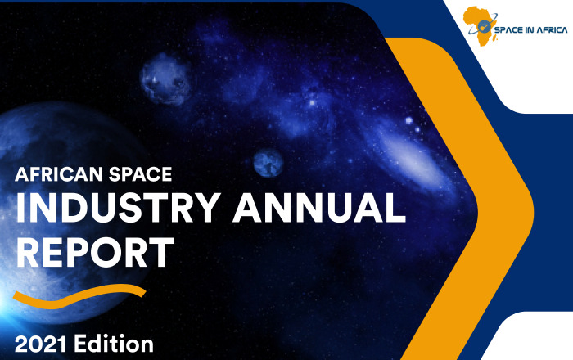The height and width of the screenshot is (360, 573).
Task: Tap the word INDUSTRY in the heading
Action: pos(118,208)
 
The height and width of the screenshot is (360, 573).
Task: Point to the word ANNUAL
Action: pos(319,208)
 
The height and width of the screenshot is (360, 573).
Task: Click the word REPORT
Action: pos(95,253)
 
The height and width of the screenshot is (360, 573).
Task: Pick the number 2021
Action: pos(41,344)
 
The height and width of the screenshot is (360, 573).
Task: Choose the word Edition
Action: pos(114,344)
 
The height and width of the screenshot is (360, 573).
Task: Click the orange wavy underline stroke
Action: pos(79,295)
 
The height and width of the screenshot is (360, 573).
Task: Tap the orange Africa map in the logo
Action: pos(480,25)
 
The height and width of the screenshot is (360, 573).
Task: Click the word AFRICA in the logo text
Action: pos(552,29)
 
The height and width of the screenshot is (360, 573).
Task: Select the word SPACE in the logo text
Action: pos(508,29)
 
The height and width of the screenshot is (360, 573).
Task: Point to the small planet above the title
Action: pos(268,163)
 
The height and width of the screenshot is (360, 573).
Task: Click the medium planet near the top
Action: pos(167,79)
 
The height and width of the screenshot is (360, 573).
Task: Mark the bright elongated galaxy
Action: pos(409,153)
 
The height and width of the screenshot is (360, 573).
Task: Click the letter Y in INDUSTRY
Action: pos(206,208)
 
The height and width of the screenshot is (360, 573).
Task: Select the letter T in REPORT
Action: pos(160,253)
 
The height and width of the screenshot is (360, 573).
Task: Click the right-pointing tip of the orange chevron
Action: pos(534,211)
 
